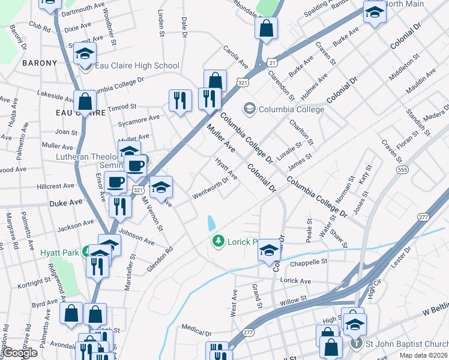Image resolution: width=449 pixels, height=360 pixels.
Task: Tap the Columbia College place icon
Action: point(248,109)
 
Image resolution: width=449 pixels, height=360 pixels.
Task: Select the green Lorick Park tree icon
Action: point(218,241)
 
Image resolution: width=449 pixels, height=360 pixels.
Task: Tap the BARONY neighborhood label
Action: point(39,63)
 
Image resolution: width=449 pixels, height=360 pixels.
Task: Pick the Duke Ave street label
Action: point(65,203)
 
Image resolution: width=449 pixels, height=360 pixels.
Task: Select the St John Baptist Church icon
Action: point(356,344)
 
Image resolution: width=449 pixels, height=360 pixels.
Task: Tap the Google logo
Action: point(20,353)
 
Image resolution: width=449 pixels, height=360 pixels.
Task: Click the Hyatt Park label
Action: point(59,253)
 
